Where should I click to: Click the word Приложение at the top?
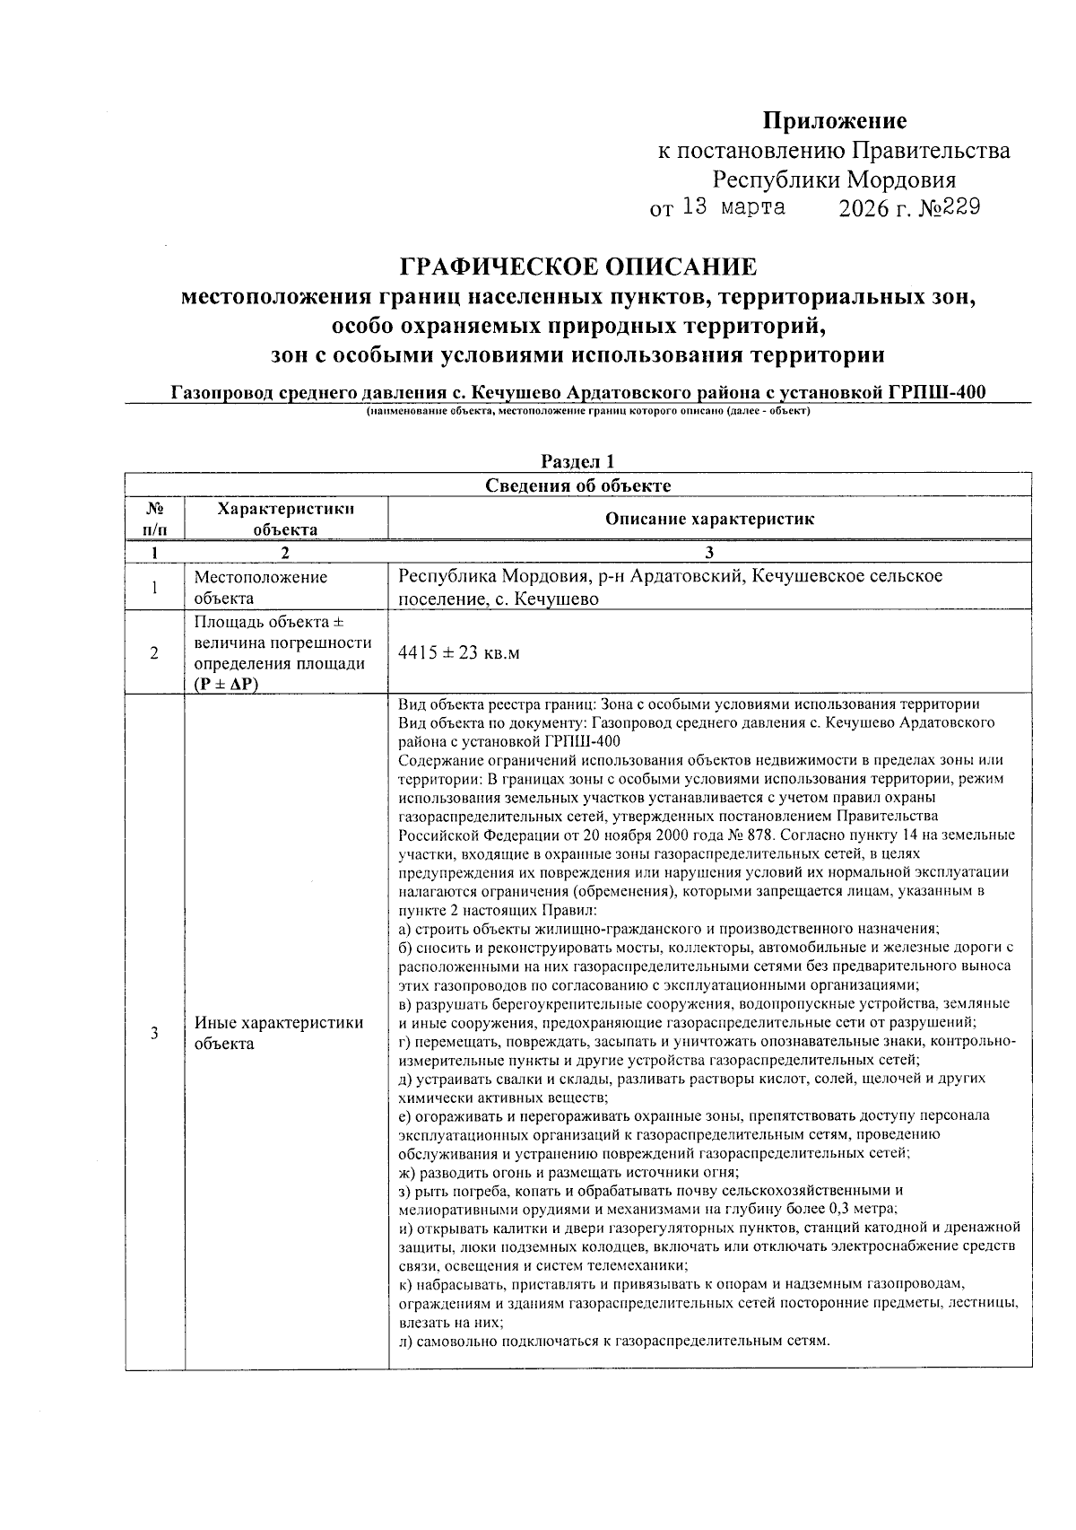pos(834,121)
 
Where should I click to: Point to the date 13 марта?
pos(733,207)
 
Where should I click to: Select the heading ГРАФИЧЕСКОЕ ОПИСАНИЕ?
pos(577,267)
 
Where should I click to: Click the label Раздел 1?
pos(577,462)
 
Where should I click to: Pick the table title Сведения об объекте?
pos(577,485)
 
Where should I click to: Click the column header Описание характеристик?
pos(709,519)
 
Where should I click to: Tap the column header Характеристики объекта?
pos(285,519)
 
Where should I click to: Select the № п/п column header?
pos(154,519)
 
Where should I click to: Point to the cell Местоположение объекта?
pos(260,588)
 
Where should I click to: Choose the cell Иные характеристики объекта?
pos(278,1033)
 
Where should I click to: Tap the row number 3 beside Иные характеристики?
pos(154,1033)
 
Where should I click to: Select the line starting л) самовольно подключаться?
pos(614,1341)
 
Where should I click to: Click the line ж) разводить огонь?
pos(568,1172)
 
